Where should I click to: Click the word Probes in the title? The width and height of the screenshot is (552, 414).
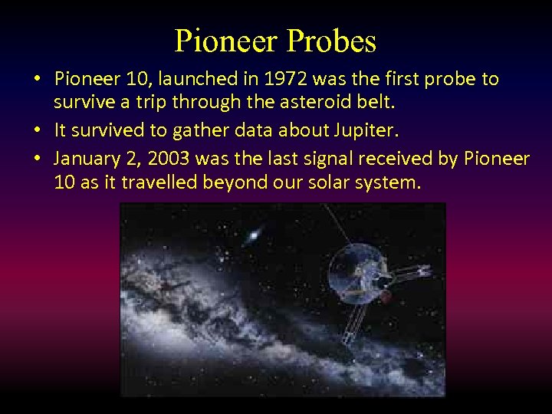pyautogui.click(x=332, y=41)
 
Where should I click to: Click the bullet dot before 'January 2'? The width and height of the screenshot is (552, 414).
pyautogui.click(x=35, y=159)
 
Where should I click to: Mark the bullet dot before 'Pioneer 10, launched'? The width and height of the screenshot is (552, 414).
pyautogui.click(x=35, y=79)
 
